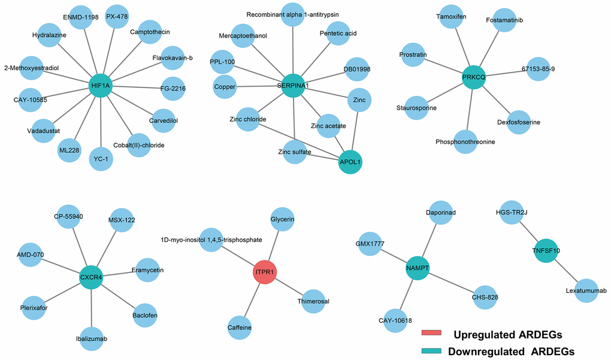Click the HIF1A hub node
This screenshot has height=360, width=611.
[x=101, y=86]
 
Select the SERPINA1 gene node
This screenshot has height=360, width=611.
[x=293, y=86]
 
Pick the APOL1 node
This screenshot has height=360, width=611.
[x=350, y=162]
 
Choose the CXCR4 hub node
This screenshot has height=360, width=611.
[x=92, y=278]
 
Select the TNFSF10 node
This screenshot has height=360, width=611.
[x=546, y=251]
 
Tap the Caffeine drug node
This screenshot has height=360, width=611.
[x=240, y=327]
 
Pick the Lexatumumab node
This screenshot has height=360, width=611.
[x=586, y=291]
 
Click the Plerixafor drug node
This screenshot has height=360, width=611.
[x=34, y=308]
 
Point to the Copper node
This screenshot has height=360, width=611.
[x=225, y=87]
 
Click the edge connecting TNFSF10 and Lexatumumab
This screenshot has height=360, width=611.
[x=566, y=271]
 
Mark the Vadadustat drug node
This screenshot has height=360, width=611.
[x=43, y=130]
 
